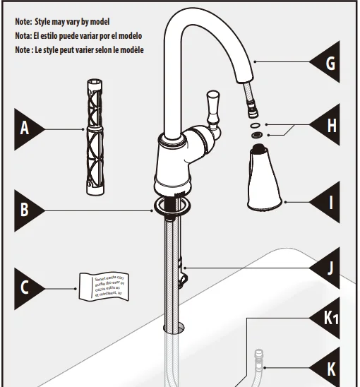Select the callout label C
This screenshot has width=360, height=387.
[25, 289]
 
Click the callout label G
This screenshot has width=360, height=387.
[329, 64]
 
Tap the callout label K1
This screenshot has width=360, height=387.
[331, 319]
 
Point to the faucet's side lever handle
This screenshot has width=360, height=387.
[212, 107]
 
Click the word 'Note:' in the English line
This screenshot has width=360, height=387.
[23, 23]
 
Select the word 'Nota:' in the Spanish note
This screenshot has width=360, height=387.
[23, 36]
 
